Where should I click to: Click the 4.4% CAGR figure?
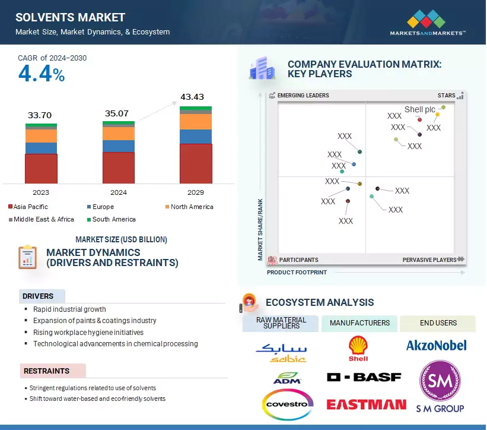tap(42, 74)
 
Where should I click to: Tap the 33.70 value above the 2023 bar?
tap(40, 115)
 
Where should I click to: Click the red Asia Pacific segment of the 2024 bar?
tap(118, 167)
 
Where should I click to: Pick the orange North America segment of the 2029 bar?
tap(196, 121)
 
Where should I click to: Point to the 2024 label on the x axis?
tap(118, 193)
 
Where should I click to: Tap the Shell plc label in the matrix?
tap(420, 109)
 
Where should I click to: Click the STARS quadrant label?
tap(446, 95)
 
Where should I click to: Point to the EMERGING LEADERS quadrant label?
tap(303, 95)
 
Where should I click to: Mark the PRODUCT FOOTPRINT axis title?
tap(297, 272)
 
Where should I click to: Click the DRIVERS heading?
tap(38, 296)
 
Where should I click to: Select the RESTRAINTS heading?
tap(46, 371)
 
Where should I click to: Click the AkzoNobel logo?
tap(436, 345)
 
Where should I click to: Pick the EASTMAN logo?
tap(366, 404)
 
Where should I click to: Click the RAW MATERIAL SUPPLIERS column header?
tap(281, 323)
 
